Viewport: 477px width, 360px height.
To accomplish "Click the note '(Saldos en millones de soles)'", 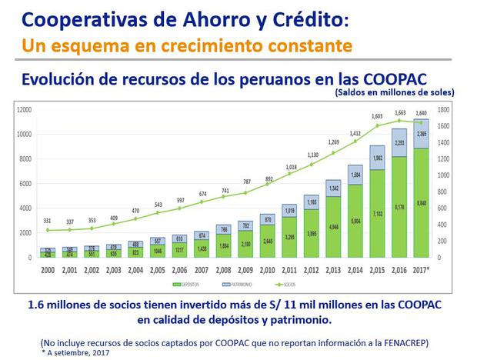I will click(395, 93).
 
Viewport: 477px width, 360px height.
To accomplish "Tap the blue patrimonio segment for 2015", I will click(377, 158).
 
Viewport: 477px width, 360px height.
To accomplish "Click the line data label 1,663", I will click(399, 113).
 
